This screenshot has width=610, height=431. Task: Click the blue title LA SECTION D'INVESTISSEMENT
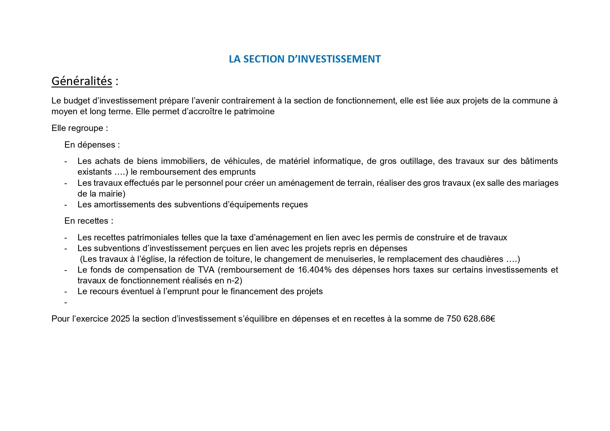click(305, 59)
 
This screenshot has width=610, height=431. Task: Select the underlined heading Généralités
click(82, 81)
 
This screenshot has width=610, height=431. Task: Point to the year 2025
click(120, 319)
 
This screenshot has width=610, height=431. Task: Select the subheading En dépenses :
click(92, 145)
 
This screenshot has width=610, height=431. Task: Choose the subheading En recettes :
click(89, 221)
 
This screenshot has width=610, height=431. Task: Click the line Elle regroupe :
click(80, 128)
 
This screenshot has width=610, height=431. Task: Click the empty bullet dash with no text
click(66, 302)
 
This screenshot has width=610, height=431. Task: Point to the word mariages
click(541, 183)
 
